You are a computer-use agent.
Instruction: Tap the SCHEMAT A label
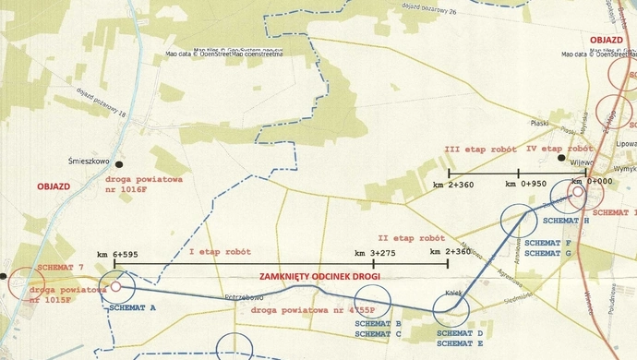point(132,306)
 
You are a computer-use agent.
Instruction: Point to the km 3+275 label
point(374,253)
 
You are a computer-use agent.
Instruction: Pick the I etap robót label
point(218,251)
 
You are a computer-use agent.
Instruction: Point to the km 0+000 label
point(591,182)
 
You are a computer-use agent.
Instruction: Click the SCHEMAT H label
point(566,222)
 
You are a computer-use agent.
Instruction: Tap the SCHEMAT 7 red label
point(60,267)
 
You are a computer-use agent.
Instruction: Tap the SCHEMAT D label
point(460,332)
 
